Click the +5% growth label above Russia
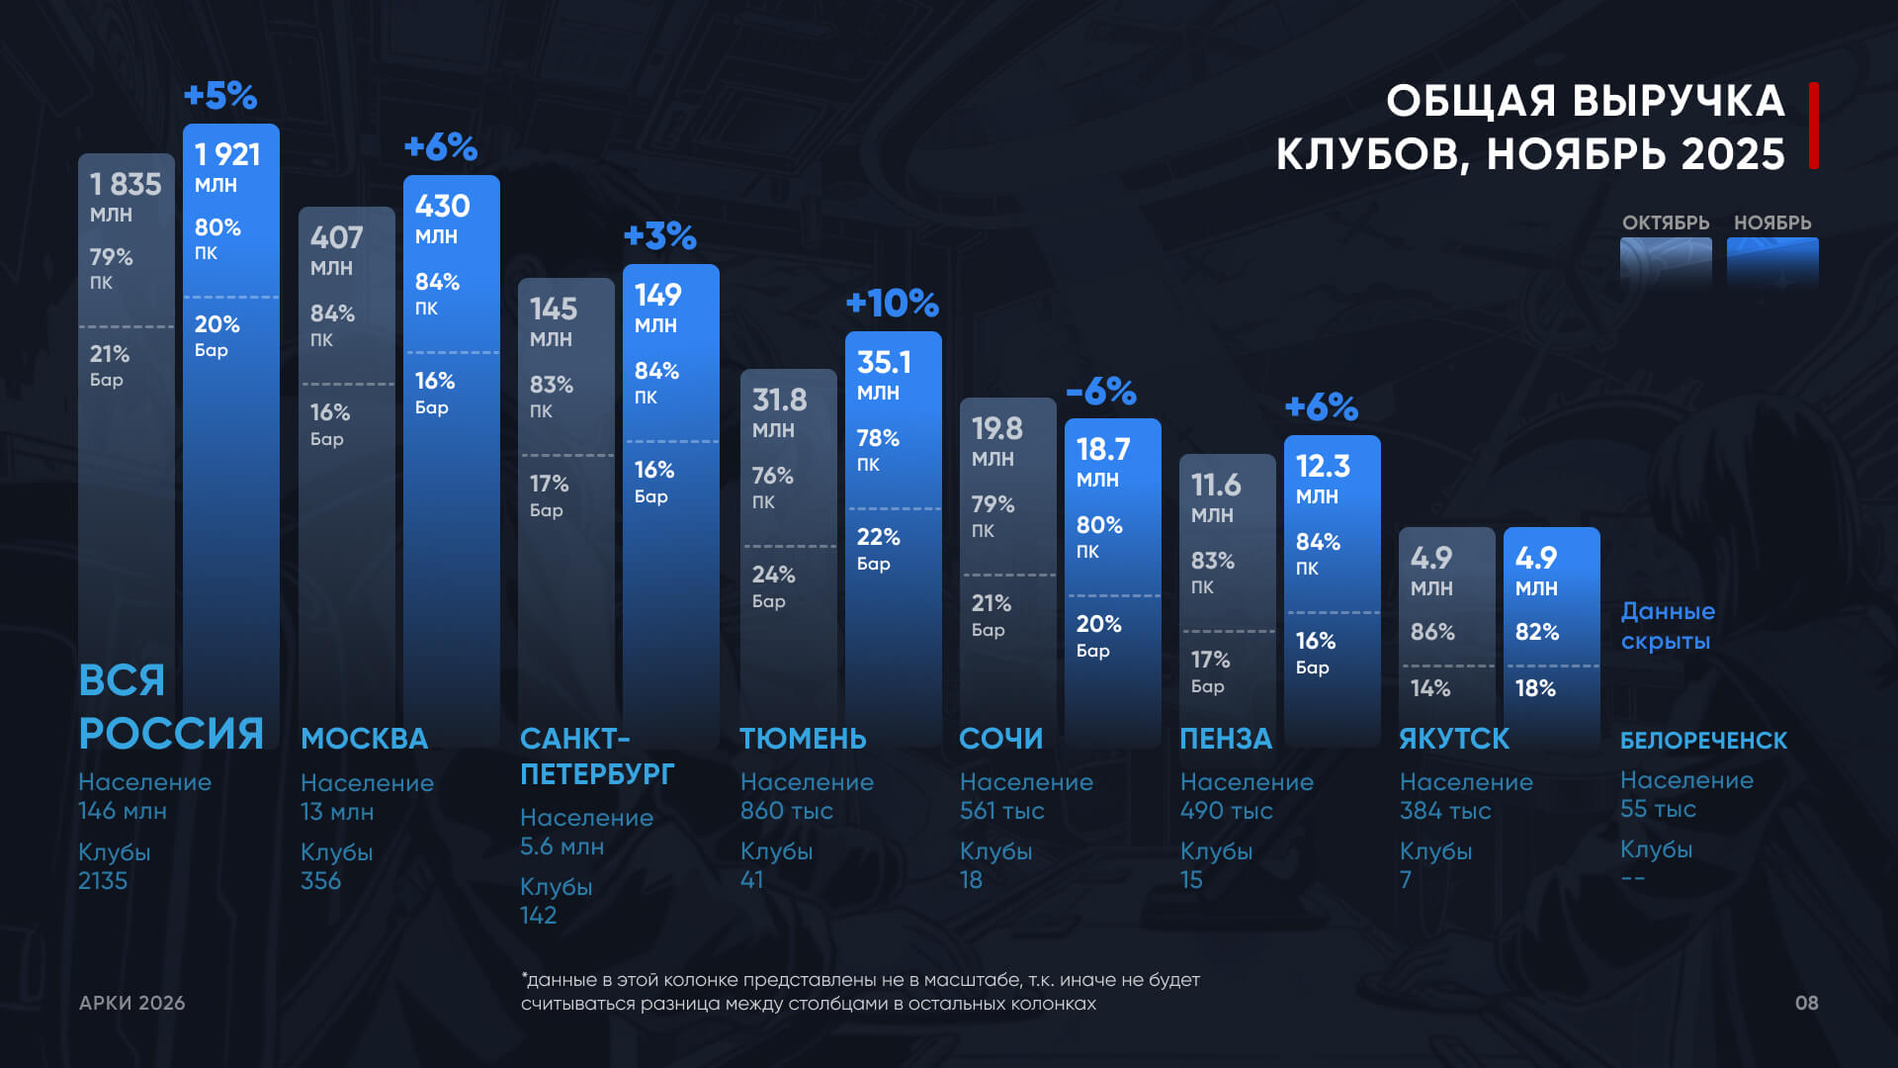point(220,96)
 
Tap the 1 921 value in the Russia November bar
point(227,155)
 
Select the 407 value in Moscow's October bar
point(336,238)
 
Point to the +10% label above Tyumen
point(892,304)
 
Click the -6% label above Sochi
point(1101,392)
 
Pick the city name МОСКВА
point(364,739)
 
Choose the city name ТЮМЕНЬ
point(803,739)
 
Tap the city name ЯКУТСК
point(1454,739)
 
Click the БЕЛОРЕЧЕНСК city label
point(1703,741)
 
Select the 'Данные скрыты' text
point(1668,626)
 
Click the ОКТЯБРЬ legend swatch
point(1666,262)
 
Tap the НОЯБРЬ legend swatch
point(1772,262)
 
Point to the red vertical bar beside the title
point(1814,126)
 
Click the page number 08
point(1806,1003)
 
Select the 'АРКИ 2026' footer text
point(131,1003)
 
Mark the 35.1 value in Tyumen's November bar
point(884,363)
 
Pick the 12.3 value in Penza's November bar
point(1323,467)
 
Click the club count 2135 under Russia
point(103,881)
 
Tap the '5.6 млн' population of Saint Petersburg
point(561,846)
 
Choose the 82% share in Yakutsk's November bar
point(1536,632)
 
